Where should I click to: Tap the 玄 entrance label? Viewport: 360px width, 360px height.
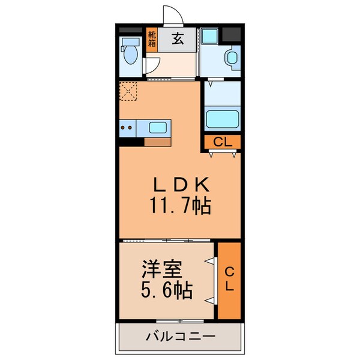coord(178,39)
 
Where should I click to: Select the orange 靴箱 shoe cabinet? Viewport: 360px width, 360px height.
coord(152,39)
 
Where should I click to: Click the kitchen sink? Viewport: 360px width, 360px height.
coord(158,127)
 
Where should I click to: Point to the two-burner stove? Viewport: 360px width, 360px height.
coord(127,127)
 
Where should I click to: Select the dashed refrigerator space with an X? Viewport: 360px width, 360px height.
coord(128,92)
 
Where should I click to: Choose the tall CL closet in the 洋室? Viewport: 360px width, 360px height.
coord(229,280)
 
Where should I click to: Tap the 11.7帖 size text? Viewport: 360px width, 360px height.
coord(179,207)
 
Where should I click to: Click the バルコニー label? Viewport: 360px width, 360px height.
coord(179,337)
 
